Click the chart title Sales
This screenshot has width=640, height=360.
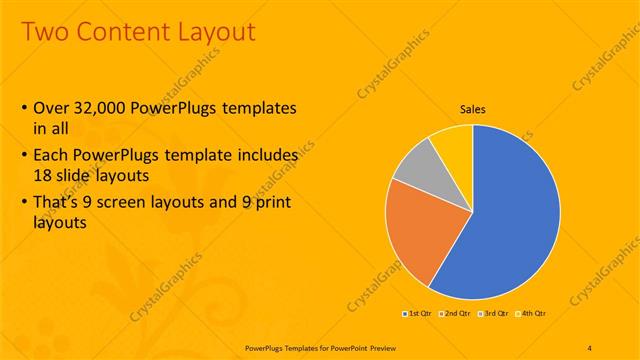pos(473,109)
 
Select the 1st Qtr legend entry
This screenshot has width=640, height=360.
pos(418,313)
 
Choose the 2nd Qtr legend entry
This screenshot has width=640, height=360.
pos(456,313)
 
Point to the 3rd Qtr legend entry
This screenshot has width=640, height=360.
pos(494,313)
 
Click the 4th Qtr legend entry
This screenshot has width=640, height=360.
pos(531,313)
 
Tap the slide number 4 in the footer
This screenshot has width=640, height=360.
pos(590,347)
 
